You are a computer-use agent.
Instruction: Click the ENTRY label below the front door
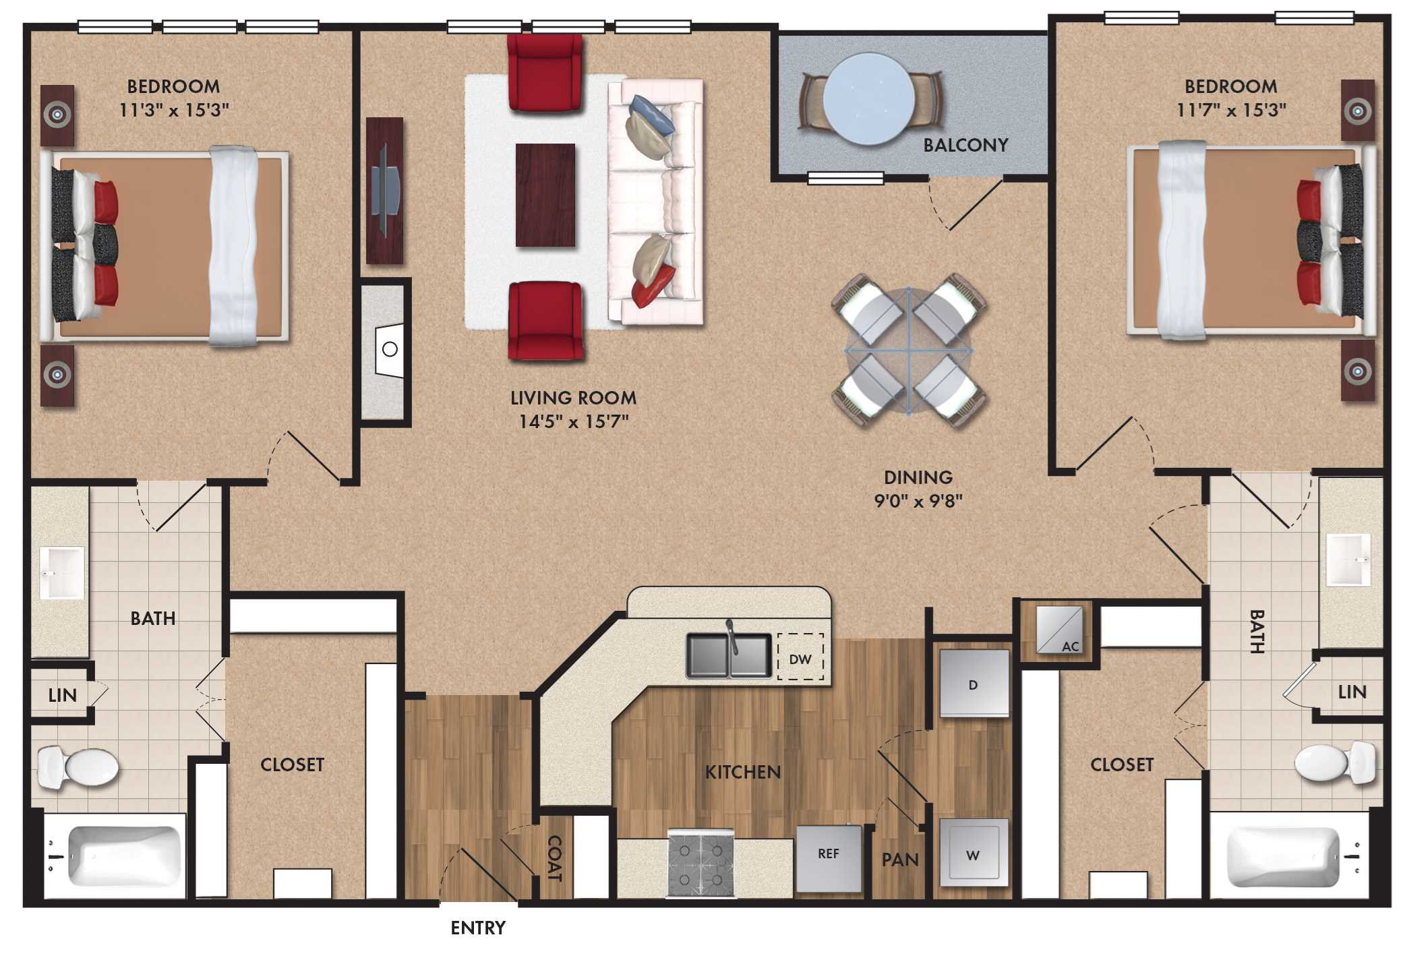click(477, 928)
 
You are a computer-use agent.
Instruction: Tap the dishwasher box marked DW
click(800, 658)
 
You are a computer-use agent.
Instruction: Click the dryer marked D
click(974, 684)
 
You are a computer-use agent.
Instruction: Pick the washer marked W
click(974, 853)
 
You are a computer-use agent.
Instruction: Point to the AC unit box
click(1059, 630)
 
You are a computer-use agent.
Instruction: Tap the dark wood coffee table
click(545, 195)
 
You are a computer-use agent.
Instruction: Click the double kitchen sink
click(728, 655)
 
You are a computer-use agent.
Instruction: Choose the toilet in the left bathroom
click(77, 767)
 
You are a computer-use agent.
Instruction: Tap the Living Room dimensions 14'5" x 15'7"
click(573, 422)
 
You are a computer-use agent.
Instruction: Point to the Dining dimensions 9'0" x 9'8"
click(918, 501)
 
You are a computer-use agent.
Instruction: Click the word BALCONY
click(965, 145)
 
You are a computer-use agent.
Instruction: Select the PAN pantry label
click(900, 860)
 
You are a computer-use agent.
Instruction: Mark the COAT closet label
click(554, 858)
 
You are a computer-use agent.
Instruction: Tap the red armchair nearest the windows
click(544, 72)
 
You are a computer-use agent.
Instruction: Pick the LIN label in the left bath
click(62, 694)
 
